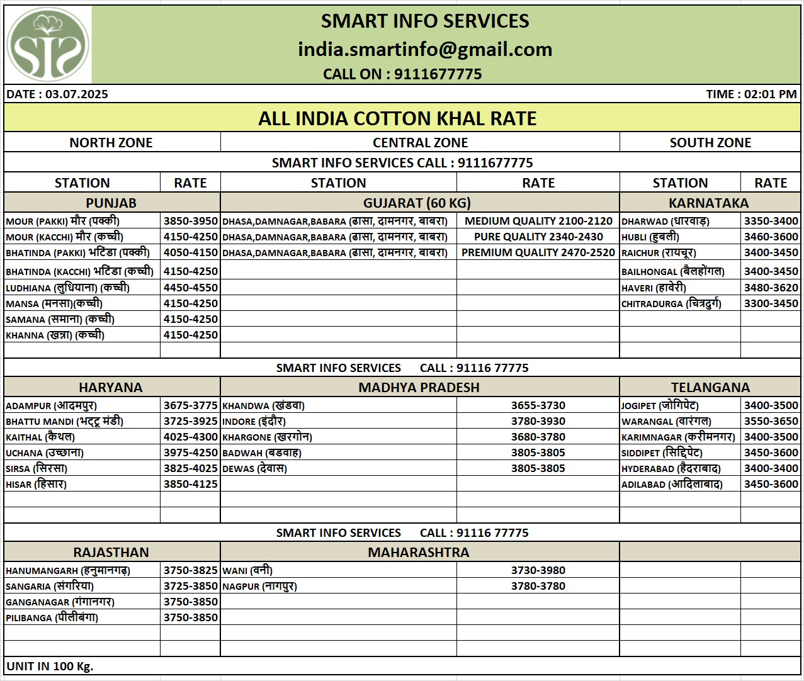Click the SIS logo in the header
pos(48,45)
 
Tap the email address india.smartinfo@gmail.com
pos(425,49)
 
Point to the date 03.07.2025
pos(76,94)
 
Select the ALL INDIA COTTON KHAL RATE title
pos(397,118)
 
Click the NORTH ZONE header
pos(111,142)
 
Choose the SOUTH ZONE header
pos(710,142)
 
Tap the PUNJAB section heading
pos(111,203)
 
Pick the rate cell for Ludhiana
pos(190,288)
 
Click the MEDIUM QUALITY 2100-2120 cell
pos(538,221)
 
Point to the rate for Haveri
pos(771,288)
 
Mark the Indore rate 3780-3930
pos(538,421)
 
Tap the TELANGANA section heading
pos(710,387)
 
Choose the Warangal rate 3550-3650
pos(771,421)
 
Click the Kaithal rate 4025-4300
pos(190,437)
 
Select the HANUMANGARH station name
pos(68,570)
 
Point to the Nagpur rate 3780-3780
pos(538,586)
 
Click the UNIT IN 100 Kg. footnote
pos(50,666)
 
